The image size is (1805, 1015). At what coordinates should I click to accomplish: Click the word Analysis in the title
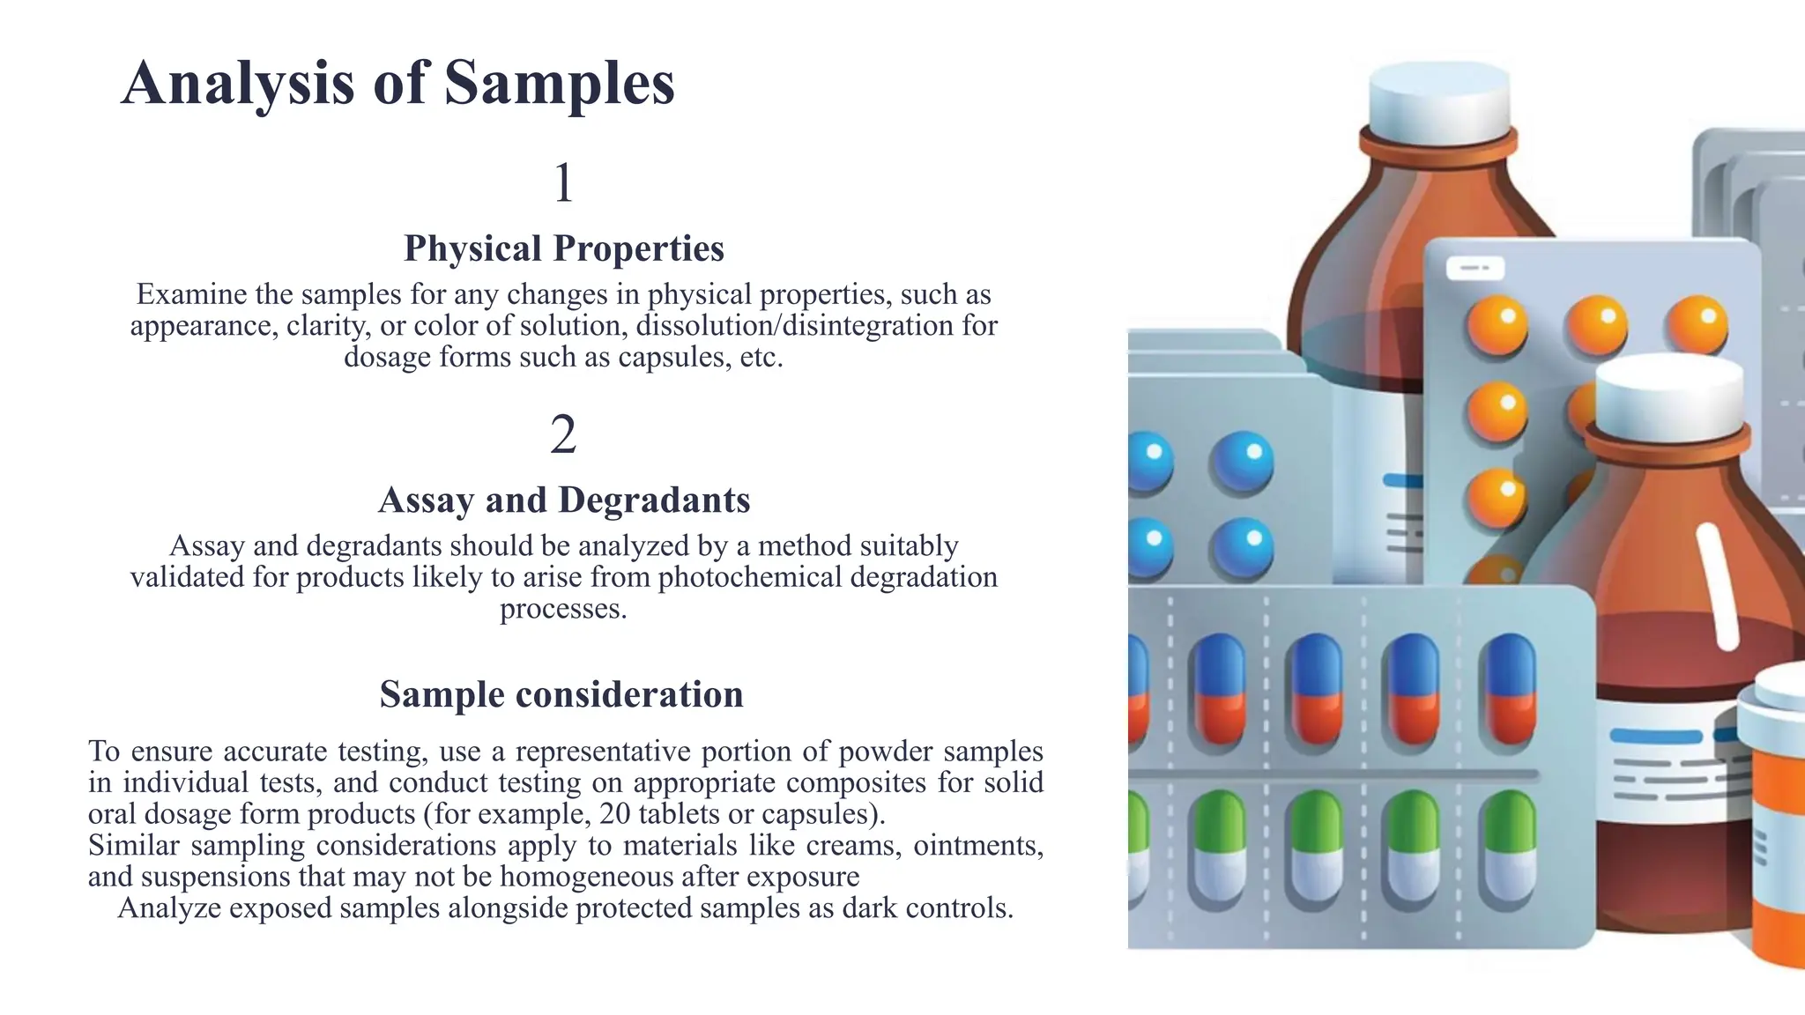237,85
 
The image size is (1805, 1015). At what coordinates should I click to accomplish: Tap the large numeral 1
564,183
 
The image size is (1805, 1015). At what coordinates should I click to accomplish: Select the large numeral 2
563,434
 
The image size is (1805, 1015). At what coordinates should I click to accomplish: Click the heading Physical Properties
564,248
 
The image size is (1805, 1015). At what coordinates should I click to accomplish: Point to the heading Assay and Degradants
564,500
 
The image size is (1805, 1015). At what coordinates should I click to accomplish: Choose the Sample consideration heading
561,694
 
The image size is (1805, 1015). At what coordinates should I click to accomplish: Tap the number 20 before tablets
614,813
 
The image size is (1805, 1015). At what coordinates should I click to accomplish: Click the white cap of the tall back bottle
1438,101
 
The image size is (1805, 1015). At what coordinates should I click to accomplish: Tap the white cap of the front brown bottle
1668,392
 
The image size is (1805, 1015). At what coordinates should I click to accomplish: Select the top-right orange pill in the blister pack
1697,322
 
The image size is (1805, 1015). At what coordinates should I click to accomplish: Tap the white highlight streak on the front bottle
1717,586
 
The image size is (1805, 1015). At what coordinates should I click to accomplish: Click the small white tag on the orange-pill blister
1474,268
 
